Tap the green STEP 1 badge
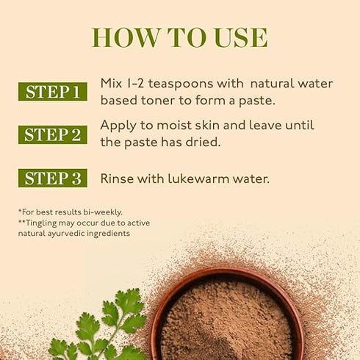click(53, 92)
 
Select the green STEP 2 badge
click(53, 134)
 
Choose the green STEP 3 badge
click(53, 178)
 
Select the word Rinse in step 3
click(117, 178)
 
